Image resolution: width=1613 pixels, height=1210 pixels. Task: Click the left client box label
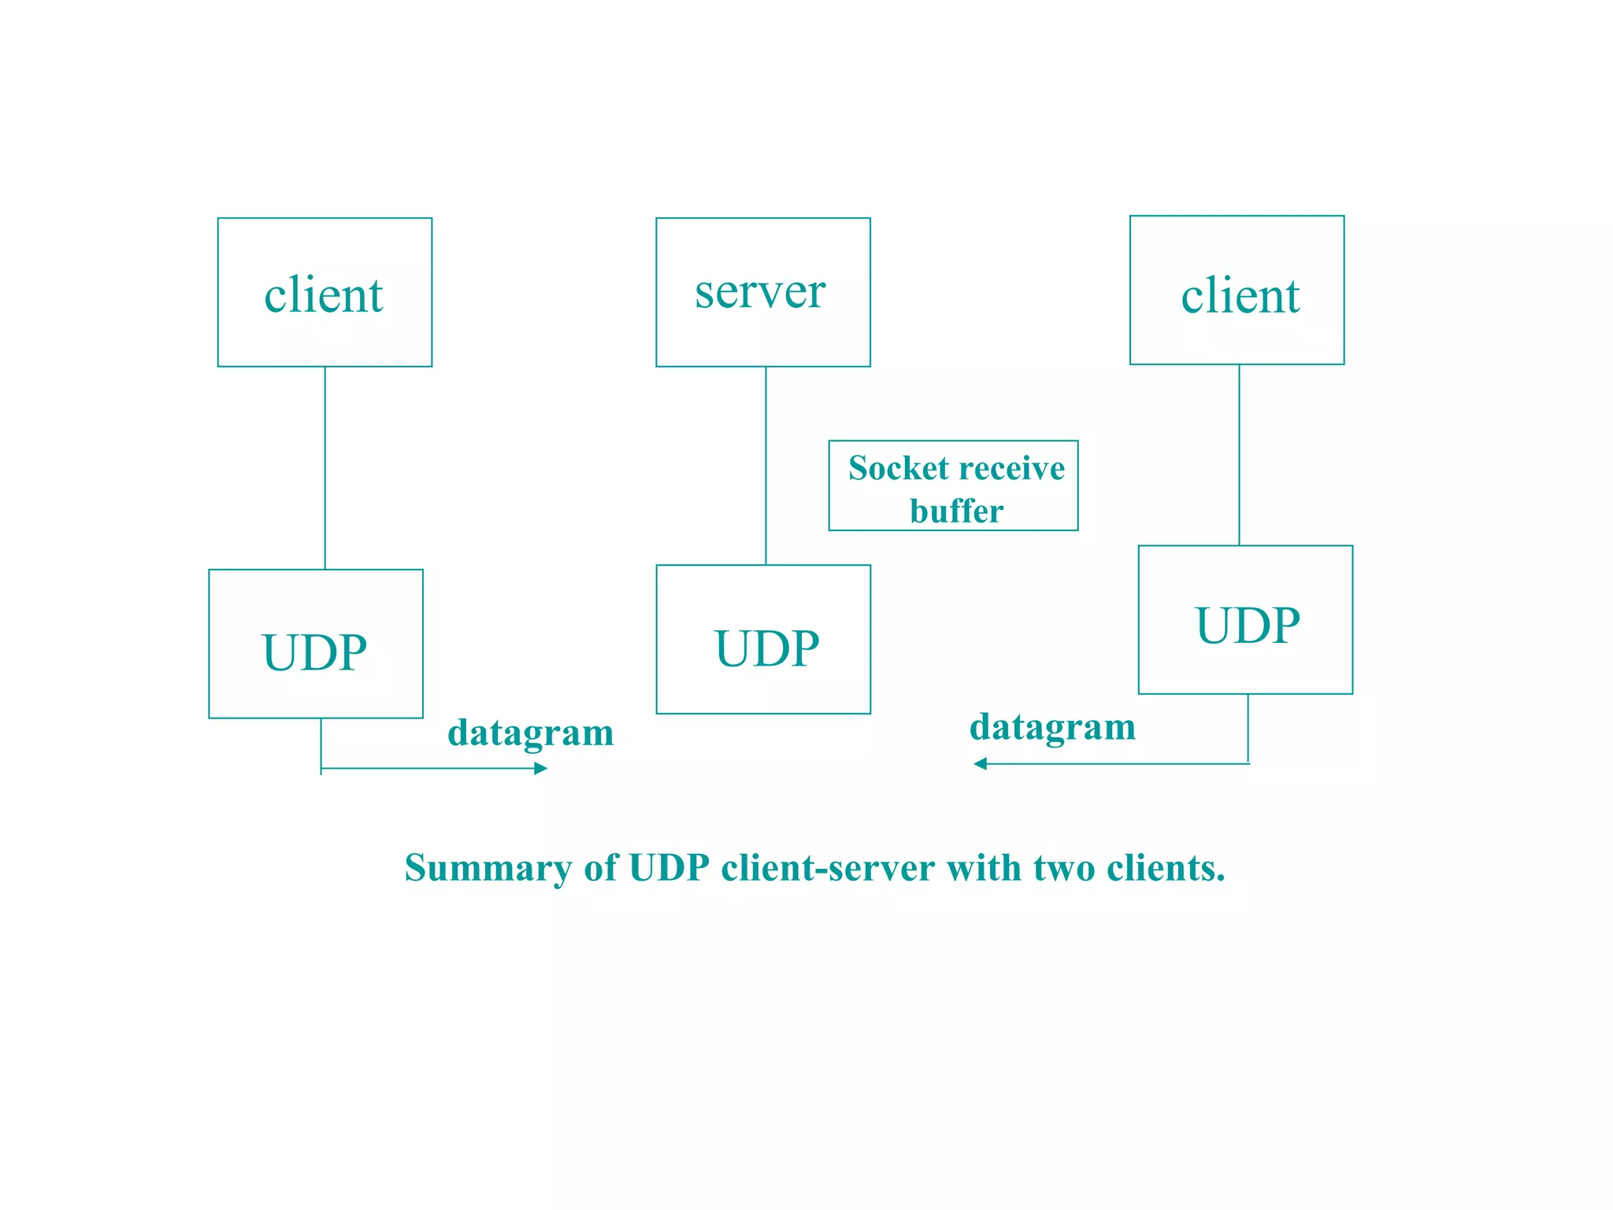pos(323,295)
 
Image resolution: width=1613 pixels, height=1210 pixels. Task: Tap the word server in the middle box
pos(760,291)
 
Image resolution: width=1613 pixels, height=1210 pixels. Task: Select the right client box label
pos(1240,296)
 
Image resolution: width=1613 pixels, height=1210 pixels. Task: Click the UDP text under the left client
pos(314,652)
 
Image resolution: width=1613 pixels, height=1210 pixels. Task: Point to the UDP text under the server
pos(766,648)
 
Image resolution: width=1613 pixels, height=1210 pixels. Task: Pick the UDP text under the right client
pos(1248,625)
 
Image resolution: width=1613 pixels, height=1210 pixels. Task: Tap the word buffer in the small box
pos(956,511)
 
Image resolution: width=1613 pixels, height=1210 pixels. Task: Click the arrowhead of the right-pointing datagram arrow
pos(541,768)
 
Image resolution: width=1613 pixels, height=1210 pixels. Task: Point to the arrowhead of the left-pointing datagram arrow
pos(980,763)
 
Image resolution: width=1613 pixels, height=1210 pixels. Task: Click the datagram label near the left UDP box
pos(530,733)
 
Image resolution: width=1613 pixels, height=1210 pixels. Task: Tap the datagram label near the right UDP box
pos(1052,726)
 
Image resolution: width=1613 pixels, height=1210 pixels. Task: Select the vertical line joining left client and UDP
pos(325,468)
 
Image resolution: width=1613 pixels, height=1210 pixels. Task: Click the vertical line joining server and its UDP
pos(766,465)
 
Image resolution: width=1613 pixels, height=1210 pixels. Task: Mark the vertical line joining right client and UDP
pos(1239,455)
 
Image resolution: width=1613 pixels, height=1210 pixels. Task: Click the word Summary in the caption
pos(488,868)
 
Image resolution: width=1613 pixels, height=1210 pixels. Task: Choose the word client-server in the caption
pos(828,868)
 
